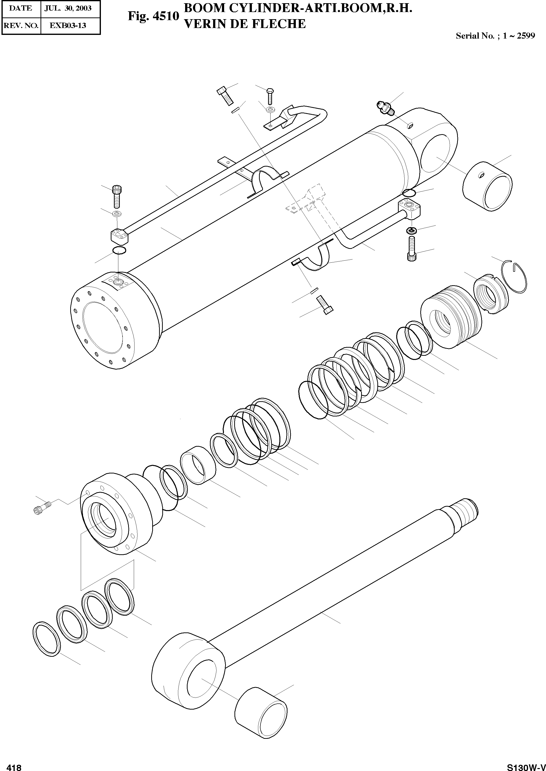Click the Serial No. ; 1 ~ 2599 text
click(495, 36)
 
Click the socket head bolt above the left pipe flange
click(116, 197)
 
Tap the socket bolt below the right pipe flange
click(412, 249)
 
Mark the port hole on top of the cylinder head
click(118, 282)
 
